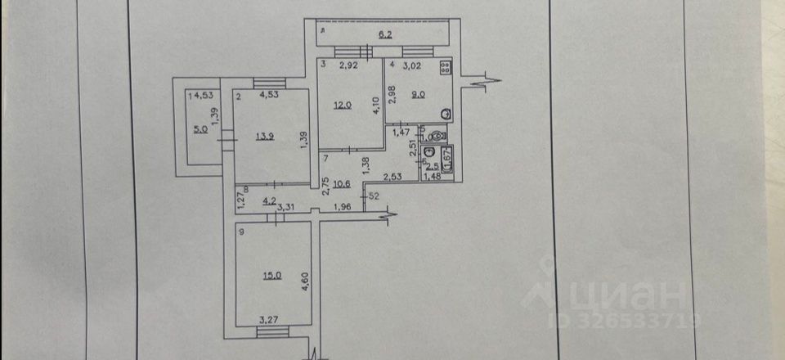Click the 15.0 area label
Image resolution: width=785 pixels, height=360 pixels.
(271, 276)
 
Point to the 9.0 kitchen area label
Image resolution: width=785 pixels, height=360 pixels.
(418, 94)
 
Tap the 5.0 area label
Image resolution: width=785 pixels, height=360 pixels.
(200, 128)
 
